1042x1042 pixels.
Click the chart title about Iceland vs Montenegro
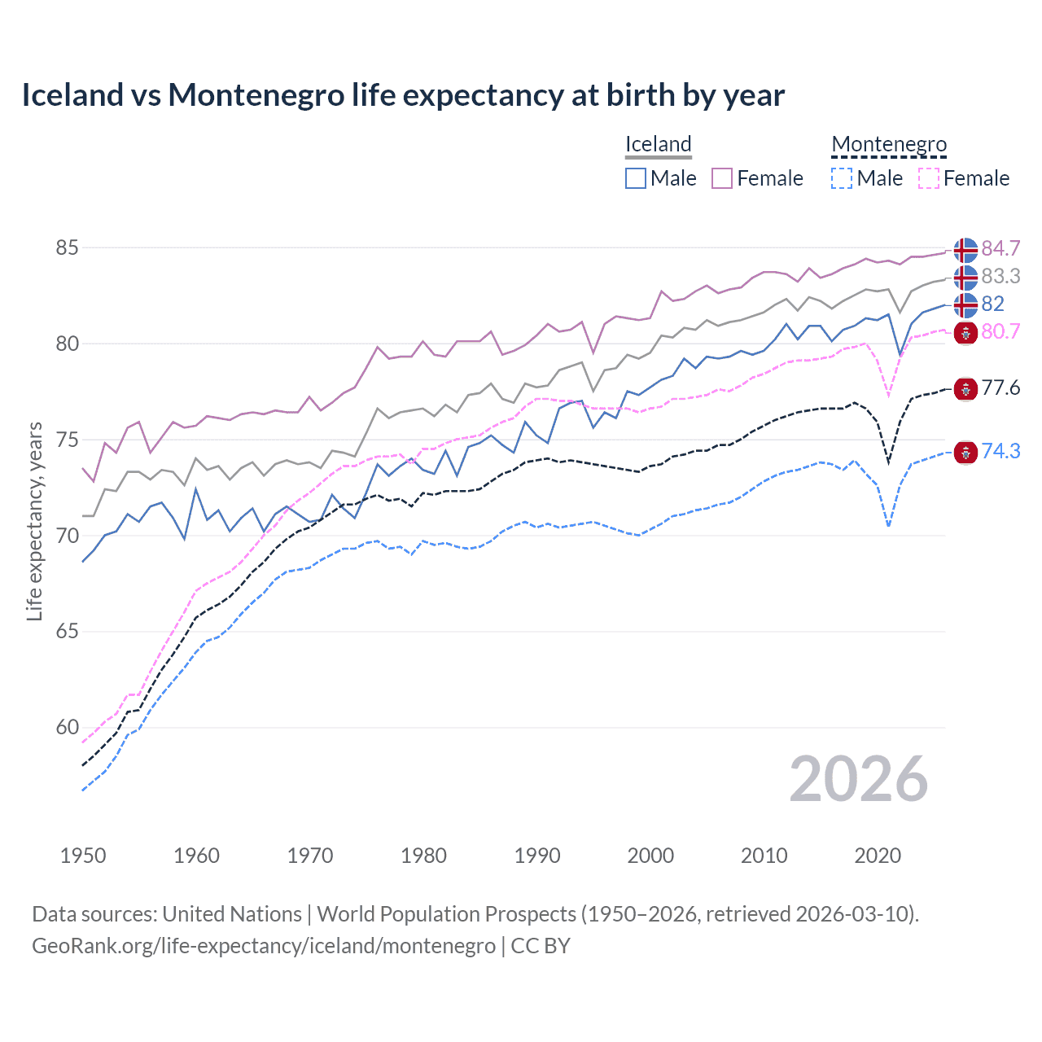(403, 95)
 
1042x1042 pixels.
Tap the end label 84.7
(1000, 248)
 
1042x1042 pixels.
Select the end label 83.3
(1000, 277)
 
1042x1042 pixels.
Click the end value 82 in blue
(992, 304)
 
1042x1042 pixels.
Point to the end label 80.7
(1000, 331)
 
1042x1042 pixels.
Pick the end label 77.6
(1000, 387)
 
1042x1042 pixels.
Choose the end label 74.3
(1000, 451)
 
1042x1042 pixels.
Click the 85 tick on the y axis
(67, 247)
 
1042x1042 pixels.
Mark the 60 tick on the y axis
(67, 727)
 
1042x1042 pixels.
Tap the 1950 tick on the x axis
(83, 856)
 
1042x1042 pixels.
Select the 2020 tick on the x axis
(878, 856)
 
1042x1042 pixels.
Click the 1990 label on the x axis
(537, 856)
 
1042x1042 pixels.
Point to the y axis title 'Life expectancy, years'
(34, 521)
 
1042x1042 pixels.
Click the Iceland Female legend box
(722, 178)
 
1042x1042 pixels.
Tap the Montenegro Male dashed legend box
(842, 178)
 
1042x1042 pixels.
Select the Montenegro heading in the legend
(889, 145)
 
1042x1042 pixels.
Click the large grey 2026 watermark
(858, 779)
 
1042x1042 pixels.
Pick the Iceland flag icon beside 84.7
(965, 250)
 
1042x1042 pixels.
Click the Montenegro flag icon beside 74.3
(965, 453)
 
